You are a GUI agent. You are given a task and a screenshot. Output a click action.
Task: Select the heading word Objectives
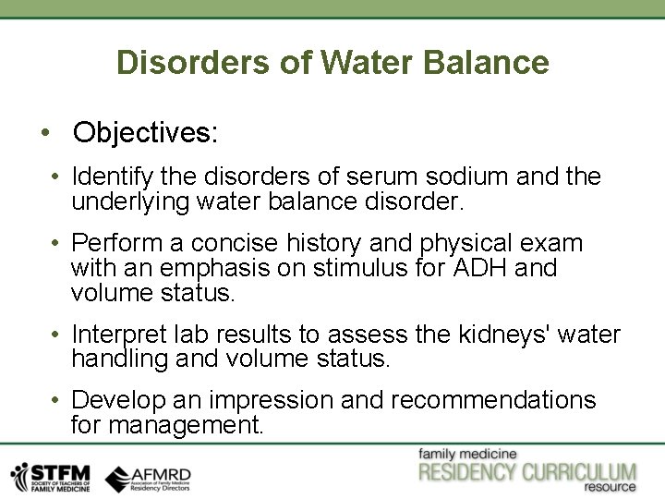click(145, 132)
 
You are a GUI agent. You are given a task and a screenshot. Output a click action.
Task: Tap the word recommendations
click(493, 400)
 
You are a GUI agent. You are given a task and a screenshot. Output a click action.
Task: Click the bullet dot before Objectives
click(45, 132)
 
